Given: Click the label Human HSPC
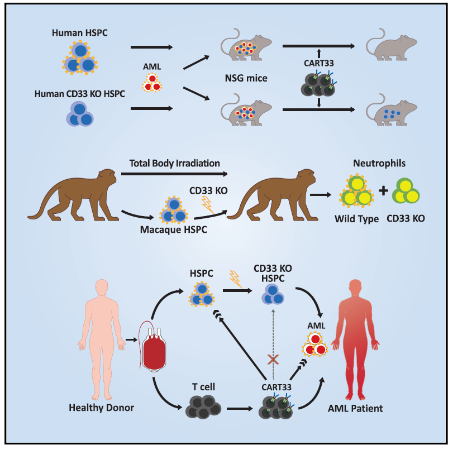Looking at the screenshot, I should [79, 33].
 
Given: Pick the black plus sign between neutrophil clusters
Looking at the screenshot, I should [384, 191].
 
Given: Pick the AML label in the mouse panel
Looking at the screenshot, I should [151, 66].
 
